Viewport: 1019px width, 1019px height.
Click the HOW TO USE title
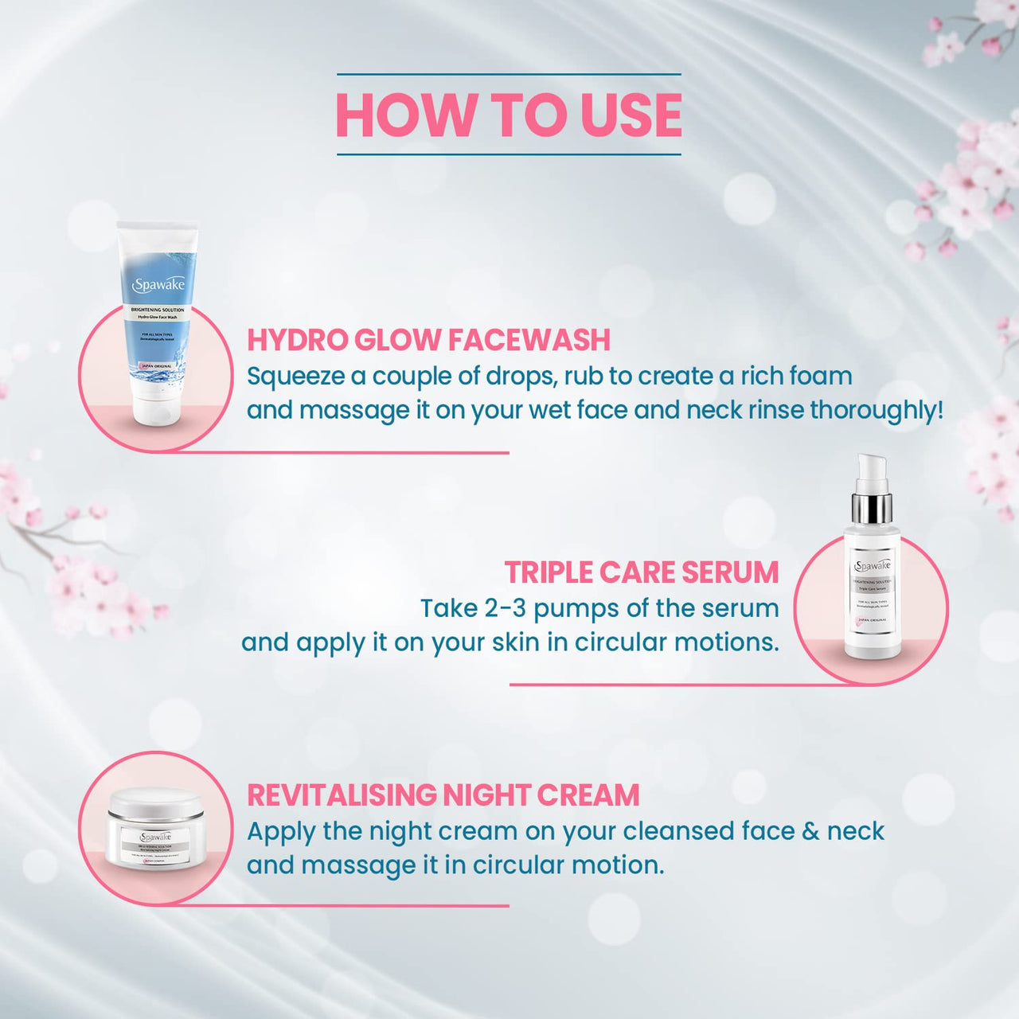click(x=509, y=115)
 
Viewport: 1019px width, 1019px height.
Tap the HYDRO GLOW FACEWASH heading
click(x=428, y=340)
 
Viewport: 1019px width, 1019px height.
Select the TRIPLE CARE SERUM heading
click(x=641, y=572)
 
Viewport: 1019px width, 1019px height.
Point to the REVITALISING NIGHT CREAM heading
click(x=443, y=795)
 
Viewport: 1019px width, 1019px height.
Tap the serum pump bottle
click(x=872, y=565)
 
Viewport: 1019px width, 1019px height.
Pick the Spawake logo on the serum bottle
click(x=873, y=566)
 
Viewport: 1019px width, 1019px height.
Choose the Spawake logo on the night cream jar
click(x=156, y=837)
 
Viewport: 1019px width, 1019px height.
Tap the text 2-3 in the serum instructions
click(x=505, y=608)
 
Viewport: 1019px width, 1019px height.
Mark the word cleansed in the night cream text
click(x=678, y=831)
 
